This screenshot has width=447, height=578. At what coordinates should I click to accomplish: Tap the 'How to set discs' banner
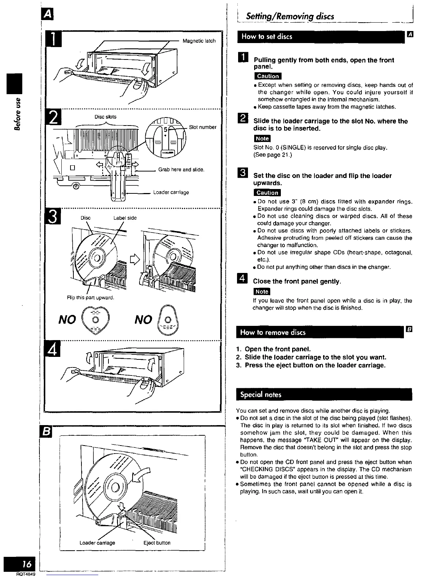267,36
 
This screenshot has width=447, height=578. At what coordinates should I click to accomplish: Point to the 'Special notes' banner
261,394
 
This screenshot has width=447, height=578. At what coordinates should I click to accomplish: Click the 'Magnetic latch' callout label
199,41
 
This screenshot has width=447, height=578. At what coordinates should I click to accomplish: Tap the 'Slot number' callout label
203,127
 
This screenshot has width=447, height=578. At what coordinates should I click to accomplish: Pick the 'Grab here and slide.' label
181,170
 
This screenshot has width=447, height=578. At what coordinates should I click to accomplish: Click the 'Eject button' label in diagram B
157,543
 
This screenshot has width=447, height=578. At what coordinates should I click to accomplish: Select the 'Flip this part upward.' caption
91,298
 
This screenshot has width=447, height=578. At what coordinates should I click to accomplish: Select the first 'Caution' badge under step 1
268,76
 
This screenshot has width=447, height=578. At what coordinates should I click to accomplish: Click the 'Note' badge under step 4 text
262,291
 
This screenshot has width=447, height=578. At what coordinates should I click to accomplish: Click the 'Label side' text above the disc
125,218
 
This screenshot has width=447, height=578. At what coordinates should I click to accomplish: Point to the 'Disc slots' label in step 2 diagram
106,117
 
